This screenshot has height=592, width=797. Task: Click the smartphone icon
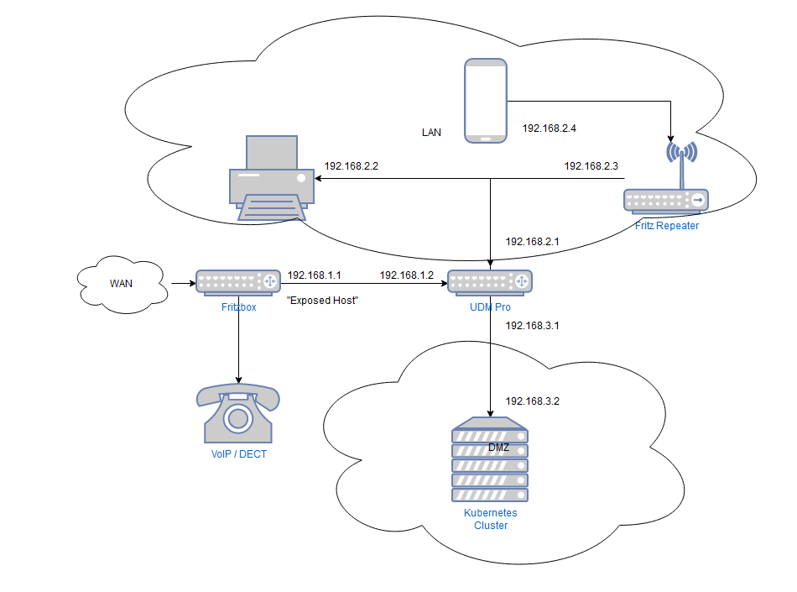486,101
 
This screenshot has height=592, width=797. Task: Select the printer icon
271,180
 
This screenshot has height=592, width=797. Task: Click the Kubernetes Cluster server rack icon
491,460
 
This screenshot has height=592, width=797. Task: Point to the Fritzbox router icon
237,283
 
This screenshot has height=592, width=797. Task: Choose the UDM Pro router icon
490,283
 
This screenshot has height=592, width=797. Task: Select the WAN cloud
121,284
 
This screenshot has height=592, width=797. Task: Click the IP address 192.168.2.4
550,128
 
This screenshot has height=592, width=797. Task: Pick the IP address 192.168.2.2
352,166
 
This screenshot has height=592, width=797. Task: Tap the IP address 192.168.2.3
591,166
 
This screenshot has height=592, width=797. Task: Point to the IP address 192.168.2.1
532,242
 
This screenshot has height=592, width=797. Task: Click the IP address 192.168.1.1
315,275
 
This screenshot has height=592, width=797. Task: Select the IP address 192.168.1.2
406,275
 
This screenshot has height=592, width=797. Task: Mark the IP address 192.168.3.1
532,325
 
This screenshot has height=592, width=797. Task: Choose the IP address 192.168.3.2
532,401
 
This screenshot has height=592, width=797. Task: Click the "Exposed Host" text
322,300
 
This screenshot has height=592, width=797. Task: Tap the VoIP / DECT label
238,454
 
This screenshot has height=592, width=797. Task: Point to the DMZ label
498,448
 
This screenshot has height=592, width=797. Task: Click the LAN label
431,133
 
